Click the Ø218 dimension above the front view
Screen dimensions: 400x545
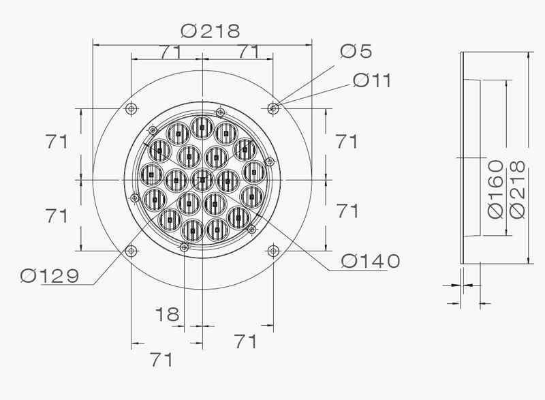click(x=211, y=31)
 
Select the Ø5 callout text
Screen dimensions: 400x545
click(x=356, y=51)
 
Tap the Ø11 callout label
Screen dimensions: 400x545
click(x=371, y=80)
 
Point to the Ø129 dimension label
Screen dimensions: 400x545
click(x=50, y=276)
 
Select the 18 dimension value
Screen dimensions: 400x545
click(x=167, y=314)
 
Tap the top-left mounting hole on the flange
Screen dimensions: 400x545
click(x=131, y=108)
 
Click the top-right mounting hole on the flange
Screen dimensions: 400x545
click(x=273, y=108)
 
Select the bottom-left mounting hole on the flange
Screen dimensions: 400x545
click(x=131, y=250)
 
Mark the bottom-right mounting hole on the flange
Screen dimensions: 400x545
click(x=273, y=250)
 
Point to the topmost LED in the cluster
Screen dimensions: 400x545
click(x=202, y=125)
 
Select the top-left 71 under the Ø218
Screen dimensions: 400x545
click(x=170, y=52)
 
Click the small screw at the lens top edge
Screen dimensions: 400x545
click(x=219, y=112)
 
